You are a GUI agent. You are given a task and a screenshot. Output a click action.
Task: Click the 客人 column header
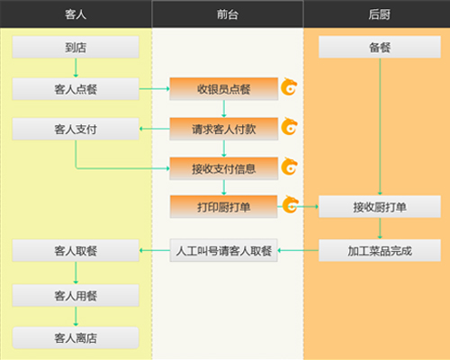[76, 14]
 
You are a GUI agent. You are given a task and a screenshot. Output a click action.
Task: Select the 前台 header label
[228, 14]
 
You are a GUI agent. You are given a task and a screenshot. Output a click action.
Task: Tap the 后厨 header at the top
[379, 14]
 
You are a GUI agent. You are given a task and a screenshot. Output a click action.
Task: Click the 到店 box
[76, 47]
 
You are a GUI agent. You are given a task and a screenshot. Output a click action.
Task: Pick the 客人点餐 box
[76, 89]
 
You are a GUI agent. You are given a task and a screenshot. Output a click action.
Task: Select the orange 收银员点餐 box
[224, 89]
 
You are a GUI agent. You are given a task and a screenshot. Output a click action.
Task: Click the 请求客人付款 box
[224, 129]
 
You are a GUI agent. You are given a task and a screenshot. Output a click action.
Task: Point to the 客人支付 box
[76, 129]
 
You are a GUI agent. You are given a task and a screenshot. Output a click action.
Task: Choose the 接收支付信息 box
[224, 168]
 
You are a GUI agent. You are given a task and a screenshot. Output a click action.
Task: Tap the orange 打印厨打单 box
[224, 207]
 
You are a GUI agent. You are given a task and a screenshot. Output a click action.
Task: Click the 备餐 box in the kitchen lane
[380, 47]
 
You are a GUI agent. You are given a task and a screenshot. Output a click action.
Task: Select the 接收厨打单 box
[380, 207]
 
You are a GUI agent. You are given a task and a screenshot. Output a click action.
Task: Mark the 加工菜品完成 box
[380, 250]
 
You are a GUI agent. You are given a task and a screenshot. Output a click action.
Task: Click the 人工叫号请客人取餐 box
[224, 250]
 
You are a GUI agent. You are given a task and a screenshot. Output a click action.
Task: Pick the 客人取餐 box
[76, 250]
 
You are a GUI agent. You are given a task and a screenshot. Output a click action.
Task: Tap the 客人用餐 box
[76, 295]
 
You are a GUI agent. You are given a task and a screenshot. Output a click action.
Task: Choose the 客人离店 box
[76, 337]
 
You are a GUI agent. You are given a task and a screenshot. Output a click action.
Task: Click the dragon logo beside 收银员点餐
[289, 87]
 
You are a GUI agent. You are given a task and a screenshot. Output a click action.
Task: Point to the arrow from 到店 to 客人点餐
[76, 67]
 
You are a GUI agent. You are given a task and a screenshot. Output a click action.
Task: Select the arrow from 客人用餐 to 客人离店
[76, 317]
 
